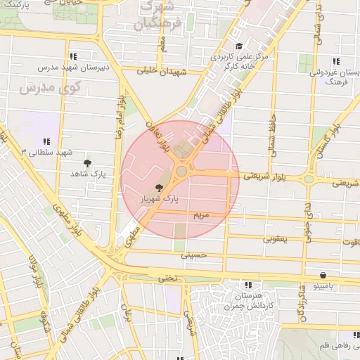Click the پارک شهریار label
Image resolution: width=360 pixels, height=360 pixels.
coord(161,199)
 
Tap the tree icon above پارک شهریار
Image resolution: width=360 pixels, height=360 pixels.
coord(160,188)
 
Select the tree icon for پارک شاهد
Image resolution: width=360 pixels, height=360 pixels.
coord(87,163)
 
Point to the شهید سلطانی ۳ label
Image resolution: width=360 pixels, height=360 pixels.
coord(47,152)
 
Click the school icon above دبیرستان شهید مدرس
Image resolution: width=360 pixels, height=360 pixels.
coord(72,56)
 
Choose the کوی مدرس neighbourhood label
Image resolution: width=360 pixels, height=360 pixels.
coord(50,88)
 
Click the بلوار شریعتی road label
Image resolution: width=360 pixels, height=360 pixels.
coord(261,177)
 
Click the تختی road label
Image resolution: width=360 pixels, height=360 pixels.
coord(167,278)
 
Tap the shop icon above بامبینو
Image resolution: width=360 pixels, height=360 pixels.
coord(322,275)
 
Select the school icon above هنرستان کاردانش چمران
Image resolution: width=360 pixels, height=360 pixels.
coord(247,285)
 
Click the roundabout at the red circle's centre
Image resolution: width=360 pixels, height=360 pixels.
coord(181,172)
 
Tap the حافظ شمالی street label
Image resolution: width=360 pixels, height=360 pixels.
coord(271,128)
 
